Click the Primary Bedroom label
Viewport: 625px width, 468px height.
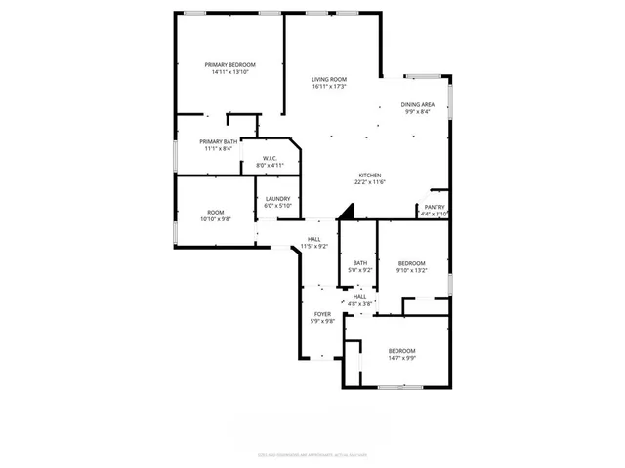click(x=229, y=64)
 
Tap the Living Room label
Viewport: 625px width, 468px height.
click(x=330, y=79)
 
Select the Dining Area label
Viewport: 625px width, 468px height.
click(x=417, y=104)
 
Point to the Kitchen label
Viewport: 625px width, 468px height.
click(x=368, y=175)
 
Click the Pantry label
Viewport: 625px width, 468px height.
click(x=434, y=208)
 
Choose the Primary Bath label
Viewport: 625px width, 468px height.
click(x=220, y=141)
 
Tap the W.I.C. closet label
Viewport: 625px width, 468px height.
click(x=269, y=158)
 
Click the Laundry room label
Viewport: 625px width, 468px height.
click(x=277, y=199)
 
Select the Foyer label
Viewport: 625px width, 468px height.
click(x=322, y=314)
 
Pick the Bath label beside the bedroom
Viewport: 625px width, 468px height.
click(x=360, y=262)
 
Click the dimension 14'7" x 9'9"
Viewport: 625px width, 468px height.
click(x=401, y=358)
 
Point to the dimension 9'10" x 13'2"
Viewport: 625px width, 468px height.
click(x=411, y=270)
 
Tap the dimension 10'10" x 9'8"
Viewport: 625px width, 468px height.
click(x=215, y=219)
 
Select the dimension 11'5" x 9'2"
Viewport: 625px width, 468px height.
click(x=313, y=247)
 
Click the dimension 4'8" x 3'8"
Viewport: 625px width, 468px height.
click(x=360, y=304)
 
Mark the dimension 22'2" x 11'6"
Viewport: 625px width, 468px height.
click(x=368, y=182)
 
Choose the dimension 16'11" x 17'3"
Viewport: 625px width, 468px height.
click(x=330, y=87)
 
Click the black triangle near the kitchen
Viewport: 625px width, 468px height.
click(x=344, y=211)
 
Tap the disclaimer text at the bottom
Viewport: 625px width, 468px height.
click(x=312, y=453)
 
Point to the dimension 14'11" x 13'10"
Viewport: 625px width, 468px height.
click(x=229, y=72)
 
